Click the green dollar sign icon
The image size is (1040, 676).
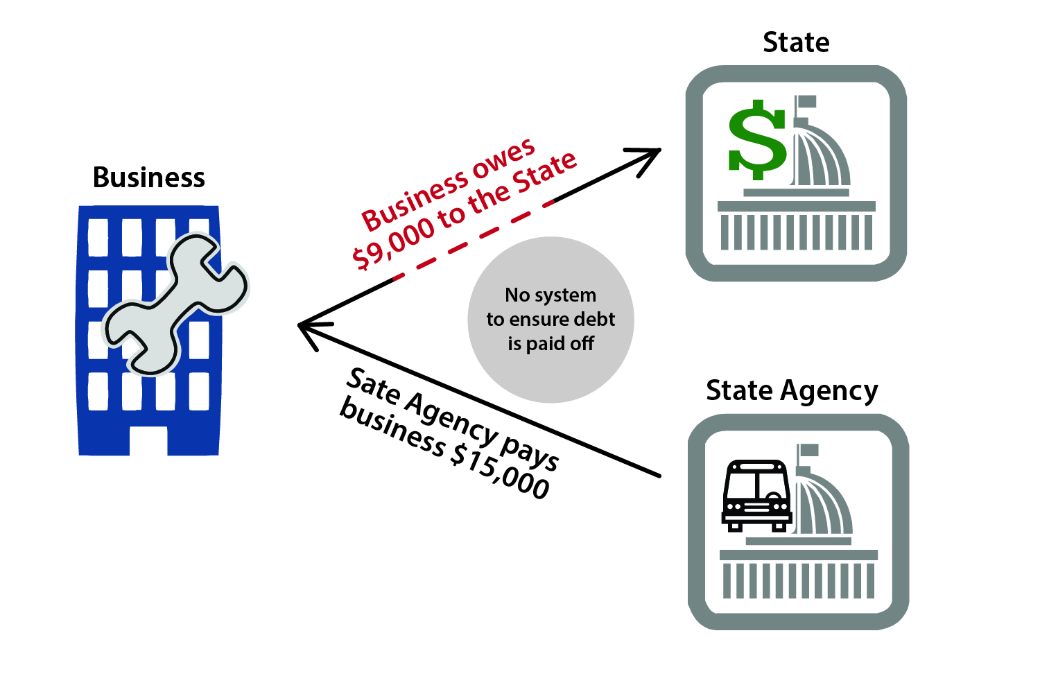tap(756, 139)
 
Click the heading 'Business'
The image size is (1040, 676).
tap(149, 177)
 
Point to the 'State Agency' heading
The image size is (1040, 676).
tap(792, 390)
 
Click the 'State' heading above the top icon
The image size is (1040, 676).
tap(796, 42)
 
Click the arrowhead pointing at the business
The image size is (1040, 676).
tap(308, 327)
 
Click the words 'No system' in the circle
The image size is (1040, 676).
tap(551, 295)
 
